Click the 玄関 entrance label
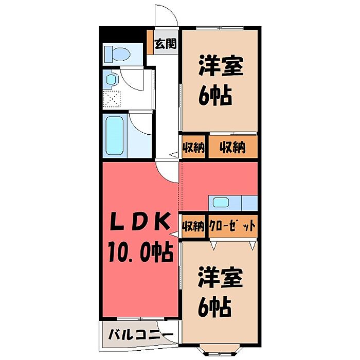[x=166, y=43]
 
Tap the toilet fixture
[x=117, y=54]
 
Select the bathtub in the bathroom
[x=114, y=135]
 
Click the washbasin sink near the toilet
[x=112, y=80]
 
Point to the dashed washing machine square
[x=112, y=99]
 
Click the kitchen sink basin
[x=221, y=202]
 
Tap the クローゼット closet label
[x=232, y=226]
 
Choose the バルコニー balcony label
[x=141, y=335]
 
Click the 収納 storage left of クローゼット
[x=193, y=226]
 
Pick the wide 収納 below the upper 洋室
[x=232, y=147]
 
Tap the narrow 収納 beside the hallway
[x=193, y=147]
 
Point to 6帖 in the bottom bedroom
[x=214, y=307]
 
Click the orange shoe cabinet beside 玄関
[x=150, y=42]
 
